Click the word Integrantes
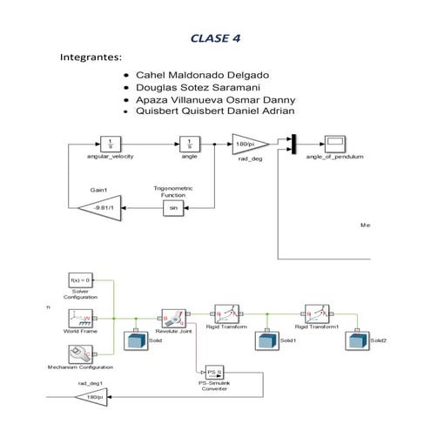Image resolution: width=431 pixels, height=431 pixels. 90,57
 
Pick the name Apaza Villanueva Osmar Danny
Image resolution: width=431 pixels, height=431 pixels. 210,100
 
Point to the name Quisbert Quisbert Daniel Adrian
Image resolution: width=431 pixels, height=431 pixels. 214,111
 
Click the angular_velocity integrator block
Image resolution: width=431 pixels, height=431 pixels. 110,143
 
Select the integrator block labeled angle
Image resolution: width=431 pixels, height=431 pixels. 189,143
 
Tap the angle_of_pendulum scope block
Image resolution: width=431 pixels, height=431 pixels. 336,143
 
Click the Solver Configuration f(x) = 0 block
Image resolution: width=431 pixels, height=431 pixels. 80,281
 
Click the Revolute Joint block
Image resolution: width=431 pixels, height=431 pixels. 172,318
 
